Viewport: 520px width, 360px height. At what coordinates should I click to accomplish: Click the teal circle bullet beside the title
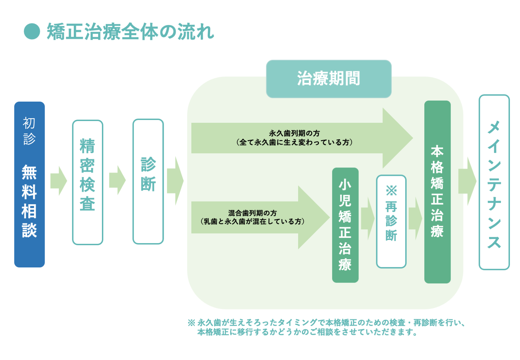[x=32, y=31]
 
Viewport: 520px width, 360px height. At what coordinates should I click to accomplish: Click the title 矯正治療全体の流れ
[x=130, y=32]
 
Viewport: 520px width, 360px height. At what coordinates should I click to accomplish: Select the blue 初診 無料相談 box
[x=29, y=184]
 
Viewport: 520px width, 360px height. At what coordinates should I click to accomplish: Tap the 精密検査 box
[x=88, y=182]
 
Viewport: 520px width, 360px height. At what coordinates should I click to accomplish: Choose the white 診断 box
[x=148, y=181]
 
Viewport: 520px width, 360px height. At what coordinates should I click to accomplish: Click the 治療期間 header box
[x=329, y=79]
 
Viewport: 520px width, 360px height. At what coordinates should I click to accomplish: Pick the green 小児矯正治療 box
[x=345, y=225]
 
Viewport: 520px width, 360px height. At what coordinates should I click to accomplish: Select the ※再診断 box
[x=391, y=221]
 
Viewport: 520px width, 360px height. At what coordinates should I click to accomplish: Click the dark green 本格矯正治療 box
[x=437, y=192]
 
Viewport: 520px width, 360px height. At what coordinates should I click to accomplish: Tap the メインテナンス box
[x=494, y=182]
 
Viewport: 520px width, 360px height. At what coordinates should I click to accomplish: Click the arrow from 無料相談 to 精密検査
[x=59, y=181]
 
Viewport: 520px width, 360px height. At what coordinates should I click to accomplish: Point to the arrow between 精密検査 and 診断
[x=118, y=180]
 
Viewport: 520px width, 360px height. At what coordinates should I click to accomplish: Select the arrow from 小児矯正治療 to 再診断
[x=367, y=218]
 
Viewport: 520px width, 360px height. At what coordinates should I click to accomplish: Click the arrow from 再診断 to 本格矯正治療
[x=415, y=218]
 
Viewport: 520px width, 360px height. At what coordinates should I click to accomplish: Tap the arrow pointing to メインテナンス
[x=467, y=181]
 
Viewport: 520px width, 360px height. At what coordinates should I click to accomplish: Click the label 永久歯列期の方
[x=294, y=133]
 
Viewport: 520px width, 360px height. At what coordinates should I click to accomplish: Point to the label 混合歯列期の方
[x=252, y=213]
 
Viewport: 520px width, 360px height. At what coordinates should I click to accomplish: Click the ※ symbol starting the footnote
[x=191, y=323]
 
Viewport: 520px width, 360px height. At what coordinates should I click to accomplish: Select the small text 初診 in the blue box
[x=29, y=131]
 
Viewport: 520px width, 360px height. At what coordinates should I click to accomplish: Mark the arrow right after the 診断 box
[x=175, y=181]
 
